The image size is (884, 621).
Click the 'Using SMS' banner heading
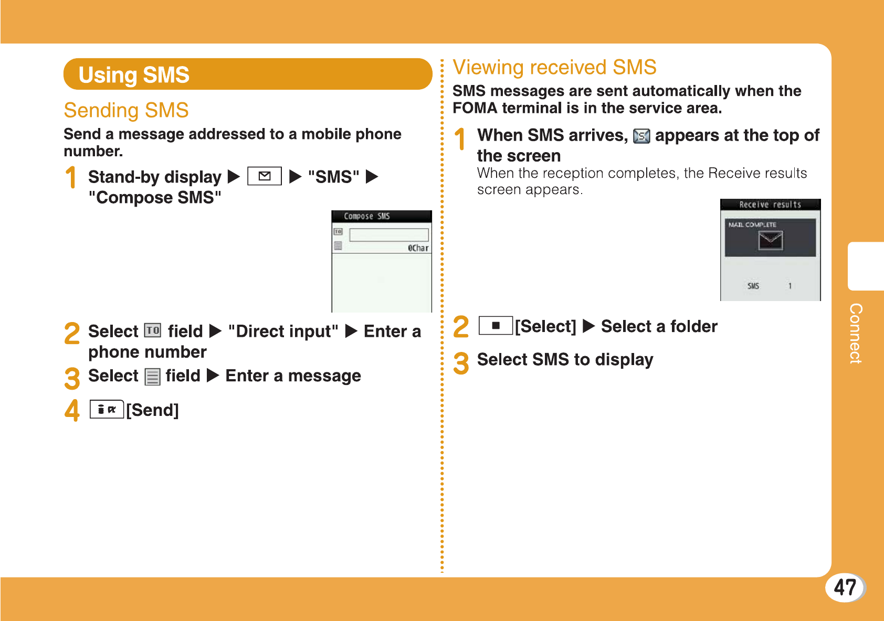coord(134,74)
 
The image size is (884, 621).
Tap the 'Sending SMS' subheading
coord(127,110)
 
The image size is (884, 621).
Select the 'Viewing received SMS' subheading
coord(554,67)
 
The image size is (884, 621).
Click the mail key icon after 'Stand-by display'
coord(265,176)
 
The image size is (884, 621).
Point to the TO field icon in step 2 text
coord(153,330)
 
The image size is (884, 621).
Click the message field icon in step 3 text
coord(152,376)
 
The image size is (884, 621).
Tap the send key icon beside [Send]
coord(107,409)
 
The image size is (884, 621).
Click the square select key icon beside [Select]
coord(496,326)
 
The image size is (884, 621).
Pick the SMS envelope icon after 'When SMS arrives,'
coord(641,136)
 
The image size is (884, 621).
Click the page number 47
coord(845,587)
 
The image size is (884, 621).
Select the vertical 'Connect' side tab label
coord(856,333)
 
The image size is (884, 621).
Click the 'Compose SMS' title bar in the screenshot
coord(382,216)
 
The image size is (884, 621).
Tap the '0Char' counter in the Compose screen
coord(418,248)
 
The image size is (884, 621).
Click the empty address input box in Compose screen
coord(389,234)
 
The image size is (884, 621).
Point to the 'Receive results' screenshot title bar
coord(770,204)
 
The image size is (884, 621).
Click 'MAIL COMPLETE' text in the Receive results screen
coord(752,224)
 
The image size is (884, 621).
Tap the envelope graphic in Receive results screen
coord(770,240)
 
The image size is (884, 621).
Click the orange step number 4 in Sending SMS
coord(72,410)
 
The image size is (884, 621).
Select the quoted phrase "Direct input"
coord(283,331)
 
